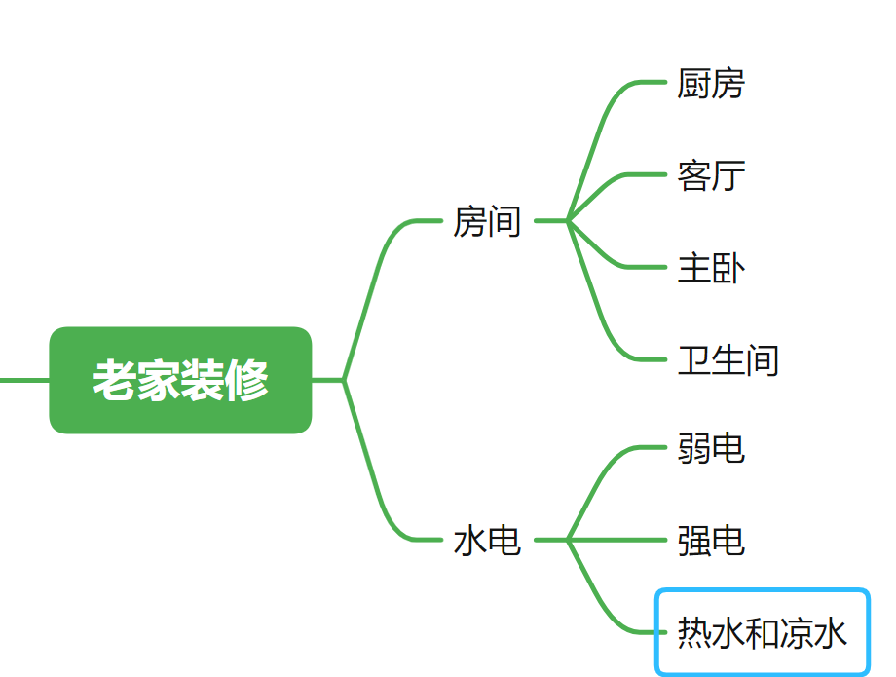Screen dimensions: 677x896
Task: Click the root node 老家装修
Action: (x=180, y=380)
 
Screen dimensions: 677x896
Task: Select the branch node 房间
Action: (x=487, y=222)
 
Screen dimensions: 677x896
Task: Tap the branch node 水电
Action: (x=487, y=541)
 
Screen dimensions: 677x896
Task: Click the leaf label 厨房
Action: (x=711, y=84)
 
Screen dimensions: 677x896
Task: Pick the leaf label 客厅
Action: (x=711, y=176)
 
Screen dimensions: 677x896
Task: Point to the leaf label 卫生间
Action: (x=728, y=359)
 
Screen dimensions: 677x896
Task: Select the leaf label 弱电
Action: (x=711, y=449)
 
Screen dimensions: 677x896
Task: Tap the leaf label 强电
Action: (x=711, y=541)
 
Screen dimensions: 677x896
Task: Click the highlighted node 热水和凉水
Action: (x=763, y=634)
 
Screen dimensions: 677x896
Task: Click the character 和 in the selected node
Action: (x=763, y=634)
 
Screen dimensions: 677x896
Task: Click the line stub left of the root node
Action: (x=23, y=380)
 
